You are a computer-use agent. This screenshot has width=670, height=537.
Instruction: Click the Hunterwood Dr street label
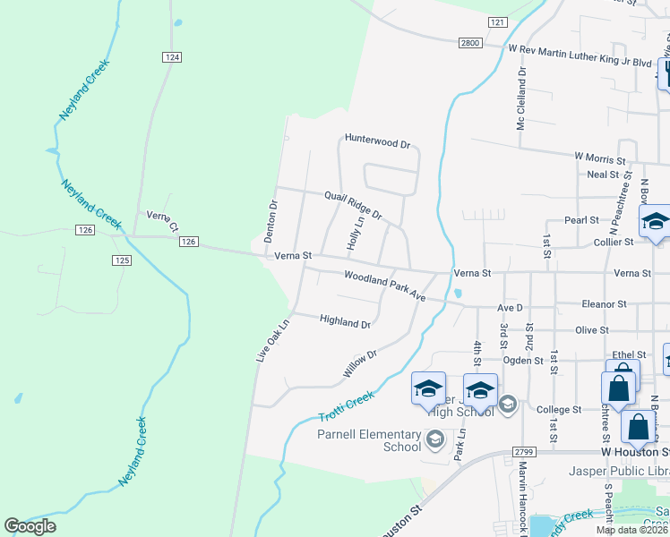coord(377,142)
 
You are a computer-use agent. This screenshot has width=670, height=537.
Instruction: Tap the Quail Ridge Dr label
coord(353,205)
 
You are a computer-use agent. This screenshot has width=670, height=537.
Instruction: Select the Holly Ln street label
coord(355,233)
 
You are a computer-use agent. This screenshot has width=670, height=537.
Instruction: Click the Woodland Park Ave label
coord(385,286)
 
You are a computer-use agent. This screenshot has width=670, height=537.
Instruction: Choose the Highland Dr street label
coord(345,323)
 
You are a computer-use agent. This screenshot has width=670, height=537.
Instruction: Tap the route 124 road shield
coord(173,57)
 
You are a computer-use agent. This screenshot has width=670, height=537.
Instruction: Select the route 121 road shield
coord(498,21)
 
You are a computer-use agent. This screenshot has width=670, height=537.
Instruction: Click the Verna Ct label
coord(163,217)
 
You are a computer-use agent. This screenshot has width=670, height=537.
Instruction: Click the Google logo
coord(30,526)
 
